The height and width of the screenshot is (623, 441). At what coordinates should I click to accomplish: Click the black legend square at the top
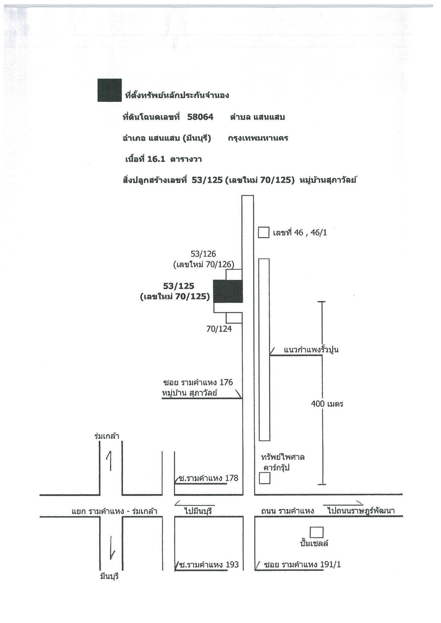pyautogui.click(x=109, y=90)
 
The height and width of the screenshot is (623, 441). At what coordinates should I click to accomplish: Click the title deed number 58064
pyautogui.click(x=200, y=117)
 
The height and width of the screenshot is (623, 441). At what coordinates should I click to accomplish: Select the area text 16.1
pyautogui.click(x=156, y=159)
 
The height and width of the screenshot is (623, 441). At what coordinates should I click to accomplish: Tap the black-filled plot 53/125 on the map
pyautogui.click(x=228, y=291)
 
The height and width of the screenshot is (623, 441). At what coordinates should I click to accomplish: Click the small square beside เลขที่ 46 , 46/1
pyautogui.click(x=264, y=233)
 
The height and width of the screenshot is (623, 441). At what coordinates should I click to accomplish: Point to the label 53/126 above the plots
pyautogui.click(x=203, y=254)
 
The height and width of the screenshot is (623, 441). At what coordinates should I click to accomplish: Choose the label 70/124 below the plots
pyautogui.click(x=219, y=329)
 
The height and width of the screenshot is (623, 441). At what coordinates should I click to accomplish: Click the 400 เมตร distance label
pyautogui.click(x=327, y=404)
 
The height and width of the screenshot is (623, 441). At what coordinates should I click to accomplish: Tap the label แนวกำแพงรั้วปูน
pyautogui.click(x=311, y=350)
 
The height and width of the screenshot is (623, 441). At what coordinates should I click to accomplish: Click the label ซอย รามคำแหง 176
pyautogui.click(x=198, y=383)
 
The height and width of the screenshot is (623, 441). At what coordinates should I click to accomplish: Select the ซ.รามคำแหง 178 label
pyautogui.click(x=209, y=478)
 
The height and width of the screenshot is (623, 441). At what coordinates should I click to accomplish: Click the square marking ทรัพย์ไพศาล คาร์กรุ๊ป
pyautogui.click(x=265, y=478)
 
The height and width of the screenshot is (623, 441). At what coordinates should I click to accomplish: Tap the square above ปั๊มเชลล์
pyautogui.click(x=317, y=532)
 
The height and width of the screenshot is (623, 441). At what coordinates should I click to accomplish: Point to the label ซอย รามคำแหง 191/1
pyautogui.click(x=302, y=564)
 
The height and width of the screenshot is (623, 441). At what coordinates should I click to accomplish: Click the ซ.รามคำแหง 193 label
pyautogui.click(x=209, y=564)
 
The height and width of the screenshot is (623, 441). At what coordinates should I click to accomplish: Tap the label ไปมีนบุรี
pyautogui.click(x=198, y=511)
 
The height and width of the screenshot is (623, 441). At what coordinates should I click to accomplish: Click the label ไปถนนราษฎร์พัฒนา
pyautogui.click(x=361, y=511)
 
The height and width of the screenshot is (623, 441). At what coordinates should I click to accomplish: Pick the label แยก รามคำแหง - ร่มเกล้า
pyautogui.click(x=114, y=511)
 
